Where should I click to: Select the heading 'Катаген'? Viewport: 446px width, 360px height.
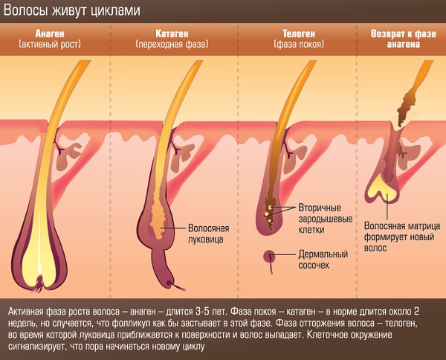click(x=172, y=33)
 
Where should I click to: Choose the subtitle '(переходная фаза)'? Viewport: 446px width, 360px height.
click(x=172, y=45)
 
